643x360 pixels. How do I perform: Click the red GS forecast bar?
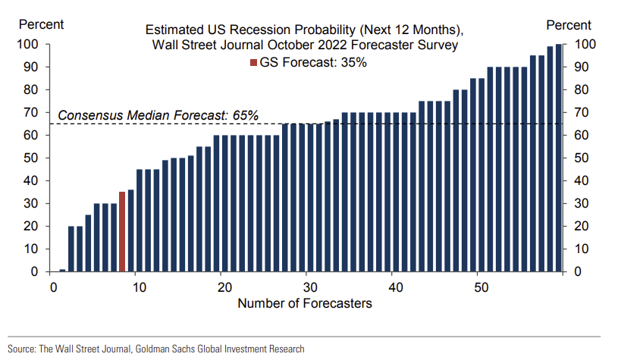tap(122, 232)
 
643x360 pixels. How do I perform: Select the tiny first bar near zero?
tap(62, 271)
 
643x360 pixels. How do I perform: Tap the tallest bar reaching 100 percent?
tap(559, 158)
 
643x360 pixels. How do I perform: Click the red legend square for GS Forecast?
tap(253, 62)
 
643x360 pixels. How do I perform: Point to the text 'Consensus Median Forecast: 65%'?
tap(158, 115)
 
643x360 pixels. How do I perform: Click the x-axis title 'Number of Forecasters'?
tap(305, 303)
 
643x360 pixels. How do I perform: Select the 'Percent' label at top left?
tap(42, 24)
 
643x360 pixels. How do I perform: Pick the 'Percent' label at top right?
tap(569, 26)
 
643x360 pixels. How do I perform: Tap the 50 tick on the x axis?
tap(481, 287)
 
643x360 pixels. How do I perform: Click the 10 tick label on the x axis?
tap(139, 287)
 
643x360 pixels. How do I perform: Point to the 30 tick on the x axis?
tap(310, 287)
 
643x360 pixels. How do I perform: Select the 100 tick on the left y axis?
tap(27, 44)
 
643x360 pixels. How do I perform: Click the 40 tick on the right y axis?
tap(581, 180)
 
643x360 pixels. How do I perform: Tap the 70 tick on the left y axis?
tap(31, 112)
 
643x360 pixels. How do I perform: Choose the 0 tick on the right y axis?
tap(577, 271)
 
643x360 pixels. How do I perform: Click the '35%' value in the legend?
tap(354, 62)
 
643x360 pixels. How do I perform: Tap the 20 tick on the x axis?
tap(224, 287)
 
